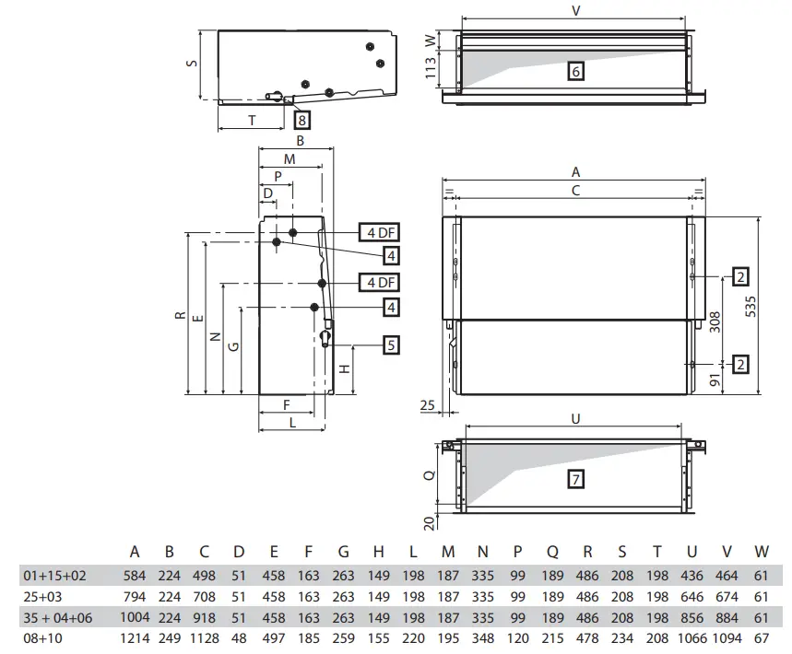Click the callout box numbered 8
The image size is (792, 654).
pos(302,119)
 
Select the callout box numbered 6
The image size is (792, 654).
pos(575,71)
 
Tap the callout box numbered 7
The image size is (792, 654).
pos(575,479)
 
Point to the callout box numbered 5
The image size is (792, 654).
pos(391,345)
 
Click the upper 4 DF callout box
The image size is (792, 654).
pos(378,232)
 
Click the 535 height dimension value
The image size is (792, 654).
pos(751,305)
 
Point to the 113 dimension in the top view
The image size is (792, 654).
pos(431,70)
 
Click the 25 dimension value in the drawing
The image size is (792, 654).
pos(426,405)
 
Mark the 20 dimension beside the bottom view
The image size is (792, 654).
pos(431,521)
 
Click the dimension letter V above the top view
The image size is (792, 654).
pos(576,12)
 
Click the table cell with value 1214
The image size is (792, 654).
pos(135,637)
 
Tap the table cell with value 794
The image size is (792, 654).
pos(135,596)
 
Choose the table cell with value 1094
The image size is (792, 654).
pos(727,637)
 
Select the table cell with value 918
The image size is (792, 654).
pos(204,617)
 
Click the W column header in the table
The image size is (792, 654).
pos(761,553)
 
